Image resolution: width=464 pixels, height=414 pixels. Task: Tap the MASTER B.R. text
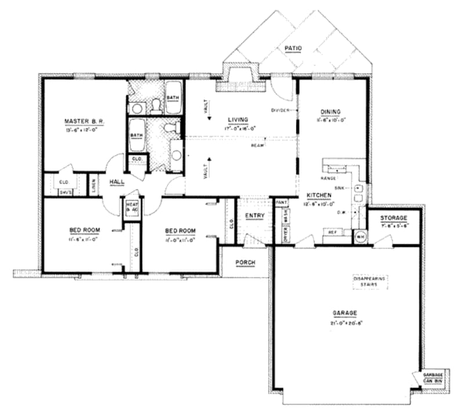click(x=84, y=121)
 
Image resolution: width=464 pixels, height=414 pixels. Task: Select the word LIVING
click(x=238, y=119)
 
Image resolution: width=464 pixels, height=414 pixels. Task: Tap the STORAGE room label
click(x=394, y=217)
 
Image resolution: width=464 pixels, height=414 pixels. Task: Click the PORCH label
click(x=245, y=262)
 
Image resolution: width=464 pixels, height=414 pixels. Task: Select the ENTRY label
click(x=255, y=216)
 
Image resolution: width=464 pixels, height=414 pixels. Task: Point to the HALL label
click(x=117, y=181)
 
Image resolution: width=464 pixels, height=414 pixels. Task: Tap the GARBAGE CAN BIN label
click(x=432, y=377)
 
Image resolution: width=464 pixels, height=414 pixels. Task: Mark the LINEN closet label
click(x=93, y=186)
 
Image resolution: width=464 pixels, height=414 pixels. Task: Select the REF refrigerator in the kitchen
click(x=332, y=231)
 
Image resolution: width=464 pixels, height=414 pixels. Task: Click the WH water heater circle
click(x=360, y=236)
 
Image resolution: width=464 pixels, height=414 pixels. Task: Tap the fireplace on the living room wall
click(x=239, y=80)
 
